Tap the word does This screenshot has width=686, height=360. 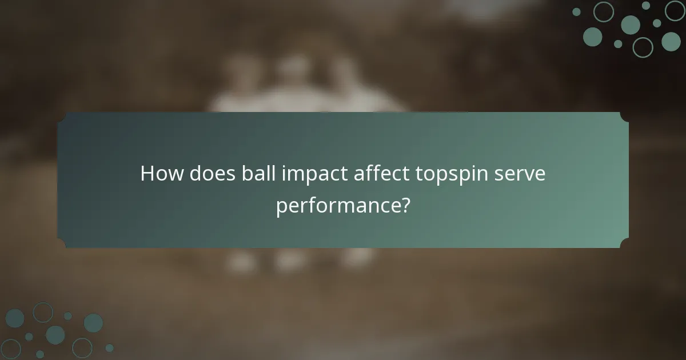(202, 174)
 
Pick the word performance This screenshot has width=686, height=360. (337, 206)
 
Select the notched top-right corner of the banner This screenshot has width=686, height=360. (624, 117)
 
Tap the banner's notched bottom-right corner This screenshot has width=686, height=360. (624, 243)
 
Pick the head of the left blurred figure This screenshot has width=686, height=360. (237, 69)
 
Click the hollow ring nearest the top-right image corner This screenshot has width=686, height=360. (675, 10)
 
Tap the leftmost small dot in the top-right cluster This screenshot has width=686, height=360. (576, 11)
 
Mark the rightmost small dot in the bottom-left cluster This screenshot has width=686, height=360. (109, 347)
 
